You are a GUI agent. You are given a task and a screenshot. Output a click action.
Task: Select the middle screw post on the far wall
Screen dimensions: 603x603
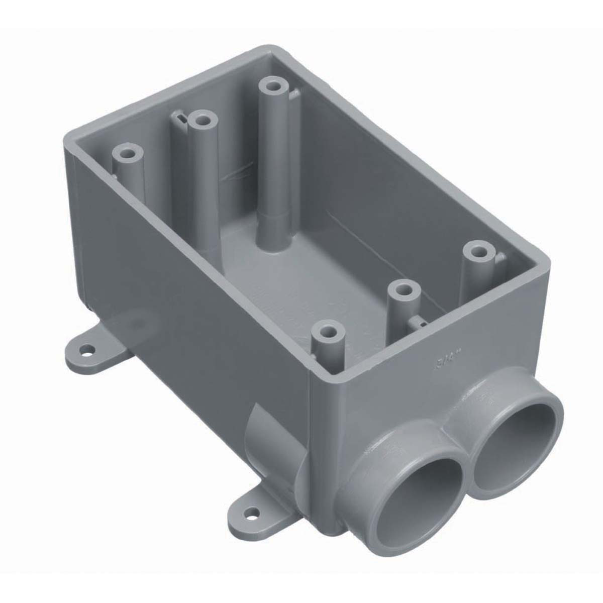[x=203, y=121]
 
